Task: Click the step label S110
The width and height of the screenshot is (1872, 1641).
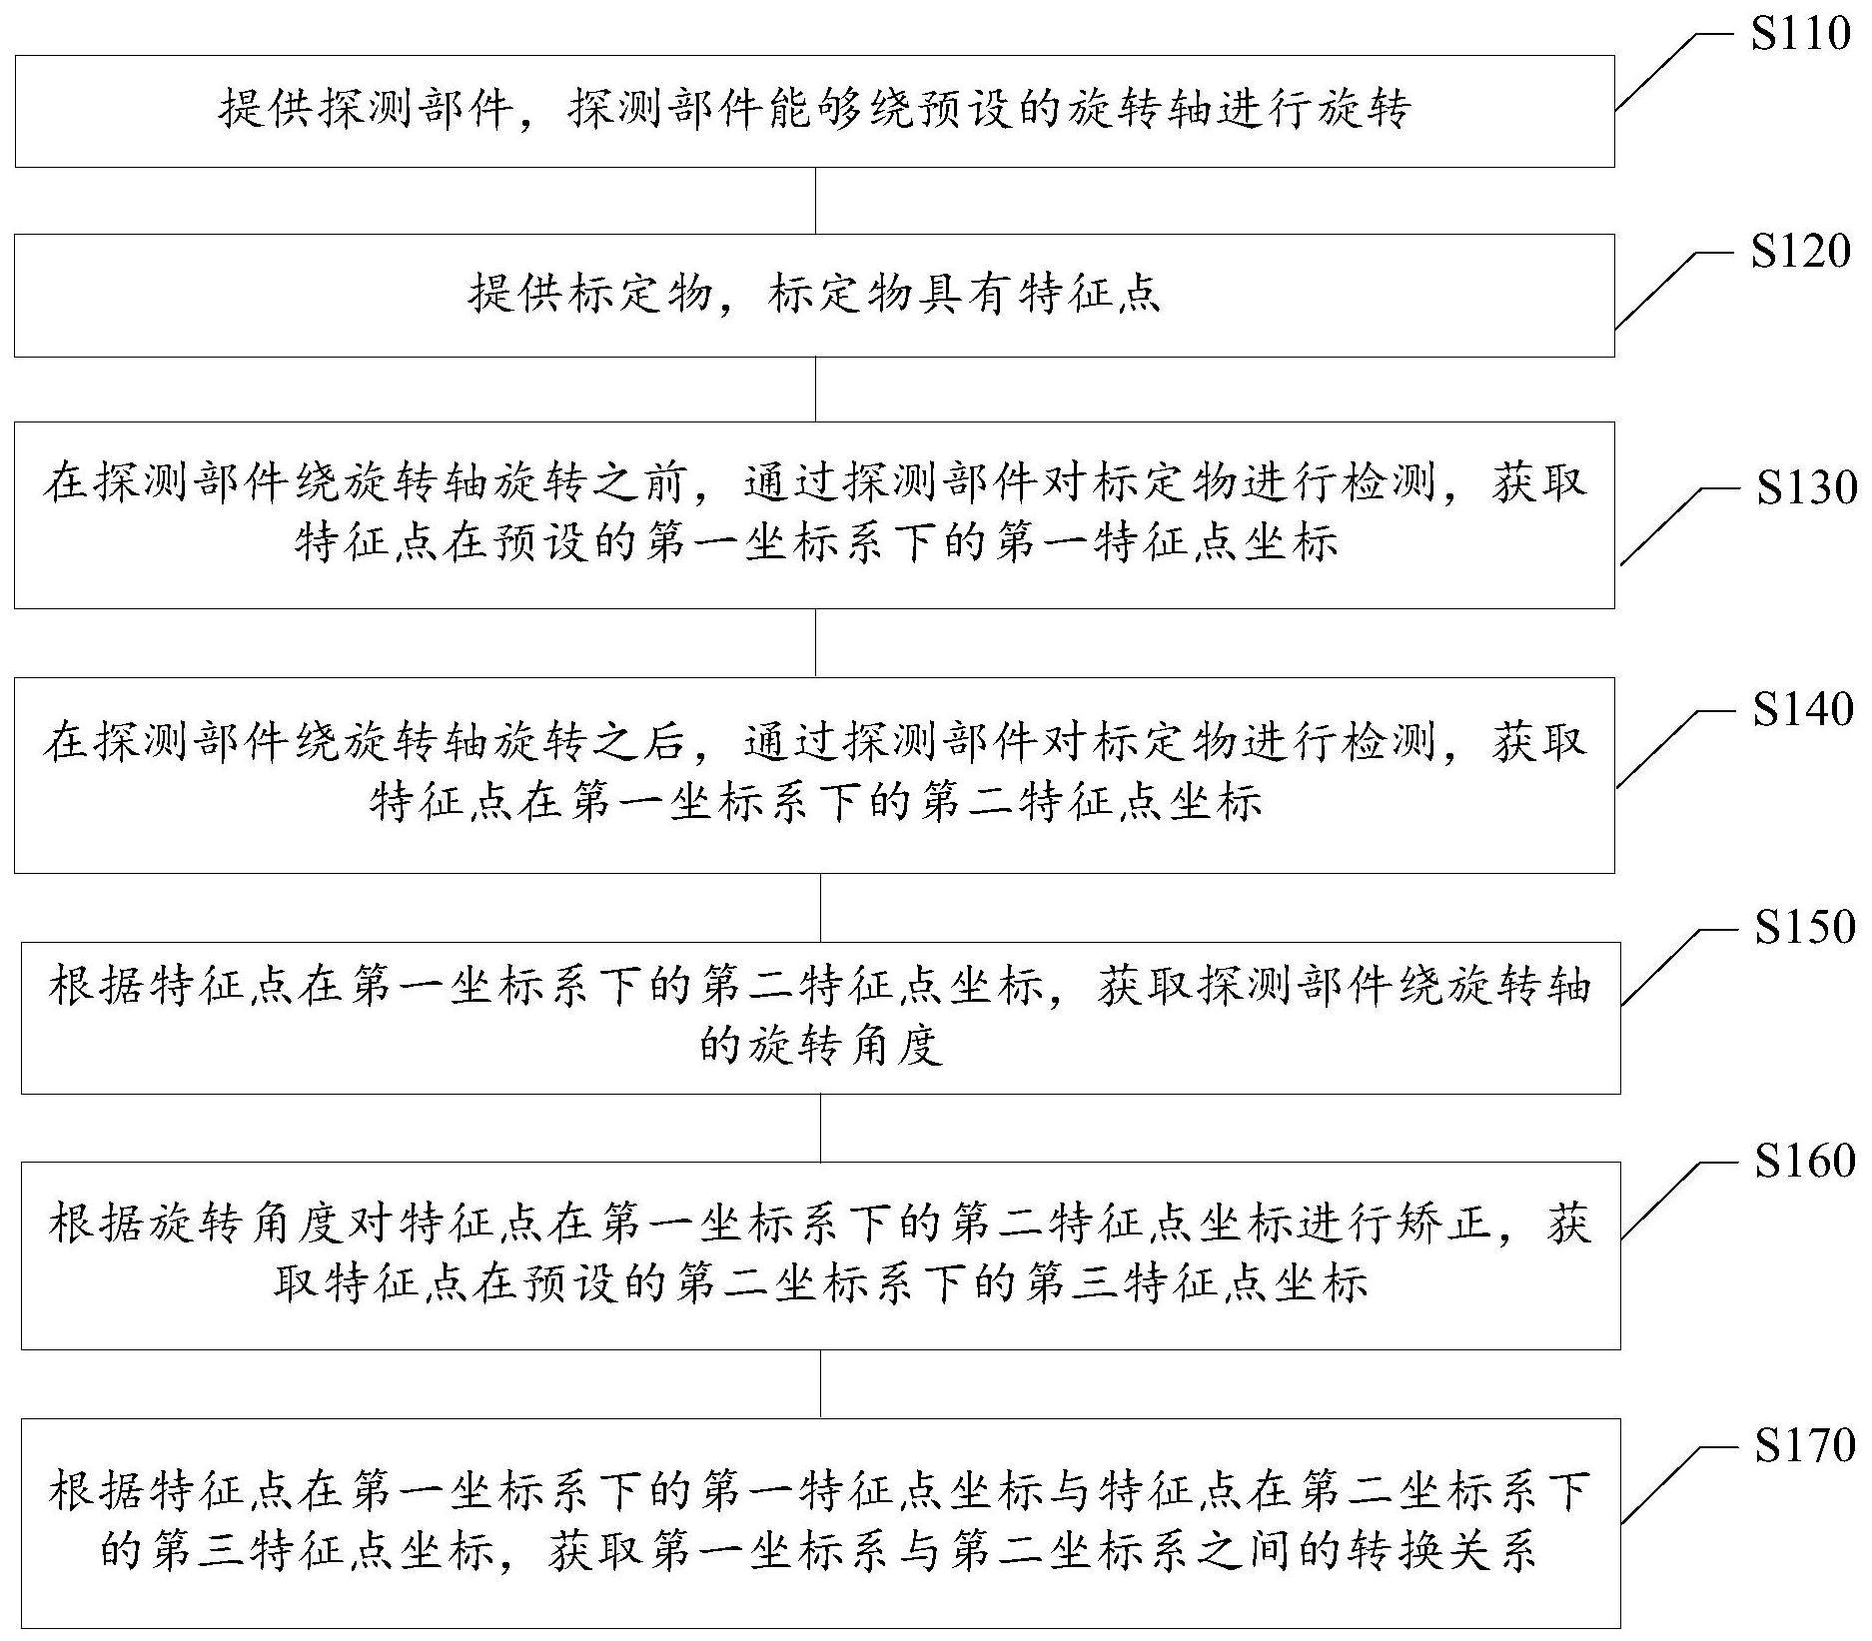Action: pyautogui.click(x=1801, y=34)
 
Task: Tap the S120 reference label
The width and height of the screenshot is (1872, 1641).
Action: pyautogui.click(x=1801, y=252)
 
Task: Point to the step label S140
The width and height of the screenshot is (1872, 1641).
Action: pyautogui.click(x=1803, y=709)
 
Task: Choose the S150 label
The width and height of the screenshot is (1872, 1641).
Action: pyautogui.click(x=1805, y=927)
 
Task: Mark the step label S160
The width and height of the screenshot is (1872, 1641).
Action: pyautogui.click(x=1805, y=1161)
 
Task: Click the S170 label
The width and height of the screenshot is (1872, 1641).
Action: pyautogui.click(x=1805, y=1445)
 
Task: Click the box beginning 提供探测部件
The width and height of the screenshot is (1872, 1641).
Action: pyautogui.click(x=814, y=111)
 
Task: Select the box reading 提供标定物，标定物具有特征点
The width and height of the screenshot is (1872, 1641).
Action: pyautogui.click(x=814, y=296)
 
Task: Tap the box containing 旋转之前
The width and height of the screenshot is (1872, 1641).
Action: pyautogui.click(x=814, y=515)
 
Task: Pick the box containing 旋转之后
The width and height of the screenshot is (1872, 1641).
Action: pyautogui.click(x=814, y=775)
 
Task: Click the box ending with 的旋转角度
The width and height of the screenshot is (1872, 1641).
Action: pyautogui.click(x=820, y=1018)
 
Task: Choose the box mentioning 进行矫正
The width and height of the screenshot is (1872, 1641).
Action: pyautogui.click(x=820, y=1255)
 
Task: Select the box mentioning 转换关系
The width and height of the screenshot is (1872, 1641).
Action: pyautogui.click(x=820, y=1523)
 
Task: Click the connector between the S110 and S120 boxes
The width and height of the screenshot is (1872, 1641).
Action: pyautogui.click(x=816, y=201)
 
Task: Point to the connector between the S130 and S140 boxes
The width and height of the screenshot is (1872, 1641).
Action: pyautogui.click(x=816, y=643)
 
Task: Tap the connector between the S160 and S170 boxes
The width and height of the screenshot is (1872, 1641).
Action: pyautogui.click(x=821, y=1384)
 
